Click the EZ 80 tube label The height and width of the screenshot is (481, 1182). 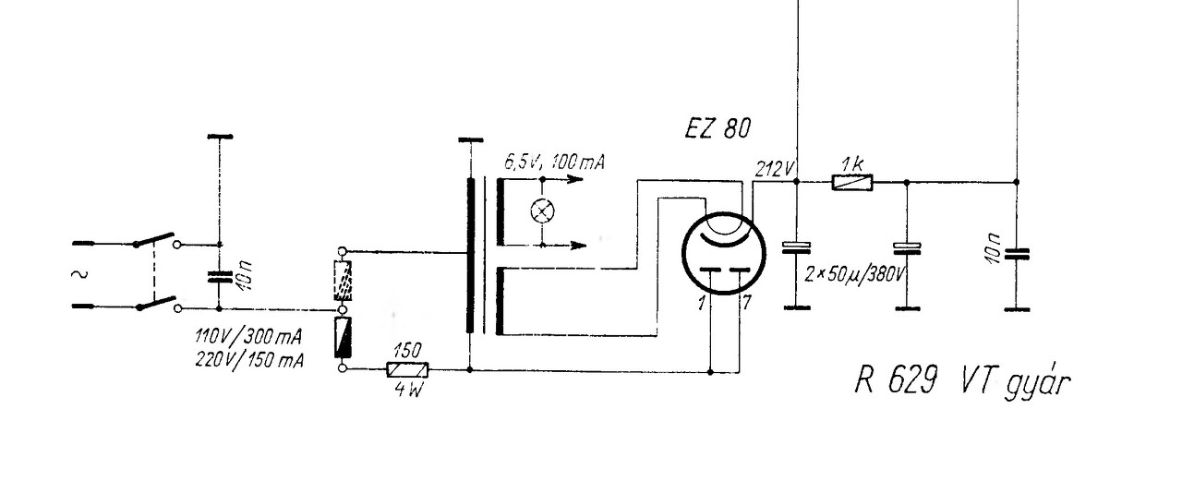click(717, 129)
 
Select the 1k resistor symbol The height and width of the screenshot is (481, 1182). click(850, 183)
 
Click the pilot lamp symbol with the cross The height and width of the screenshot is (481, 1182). click(541, 211)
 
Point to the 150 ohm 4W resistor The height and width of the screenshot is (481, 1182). click(407, 370)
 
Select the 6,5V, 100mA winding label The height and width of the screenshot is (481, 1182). click(555, 163)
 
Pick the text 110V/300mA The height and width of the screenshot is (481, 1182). click(248, 334)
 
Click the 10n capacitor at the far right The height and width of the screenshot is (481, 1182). click(1017, 253)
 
